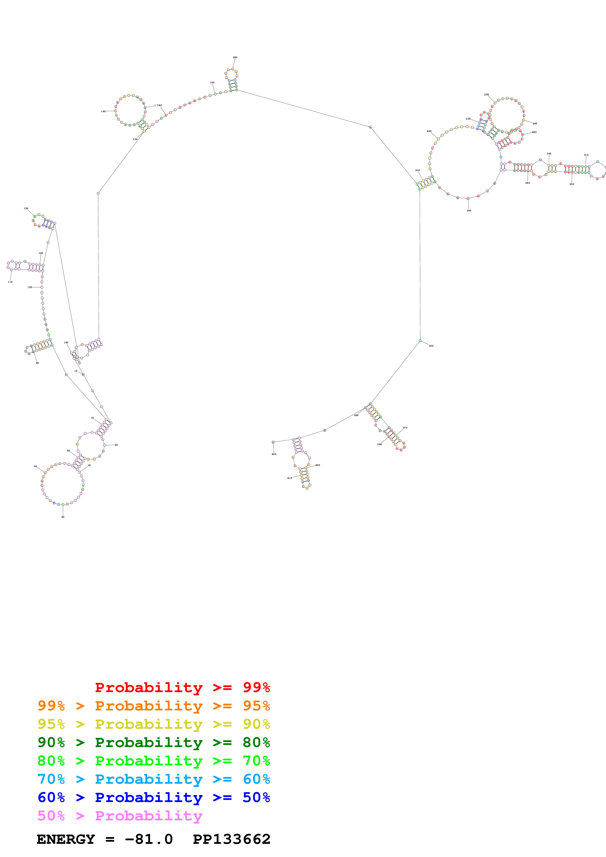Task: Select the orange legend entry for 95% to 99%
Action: tap(154, 706)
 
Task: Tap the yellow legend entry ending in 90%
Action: tap(154, 724)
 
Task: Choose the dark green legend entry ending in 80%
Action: tap(154, 742)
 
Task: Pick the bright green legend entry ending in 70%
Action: tap(154, 761)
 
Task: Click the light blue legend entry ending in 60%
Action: tap(154, 779)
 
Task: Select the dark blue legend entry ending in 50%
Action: tap(154, 797)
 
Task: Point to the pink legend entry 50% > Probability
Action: tap(120, 815)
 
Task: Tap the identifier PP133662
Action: tap(231, 839)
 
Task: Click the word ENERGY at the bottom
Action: tap(66, 839)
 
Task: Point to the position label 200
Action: tap(235, 57)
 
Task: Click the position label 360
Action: tap(431, 346)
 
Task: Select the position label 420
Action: tap(274, 454)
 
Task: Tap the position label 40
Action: tap(63, 517)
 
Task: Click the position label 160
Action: tap(103, 111)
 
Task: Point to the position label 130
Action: tap(26, 208)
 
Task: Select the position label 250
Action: tap(486, 95)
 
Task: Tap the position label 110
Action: tap(10, 282)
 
